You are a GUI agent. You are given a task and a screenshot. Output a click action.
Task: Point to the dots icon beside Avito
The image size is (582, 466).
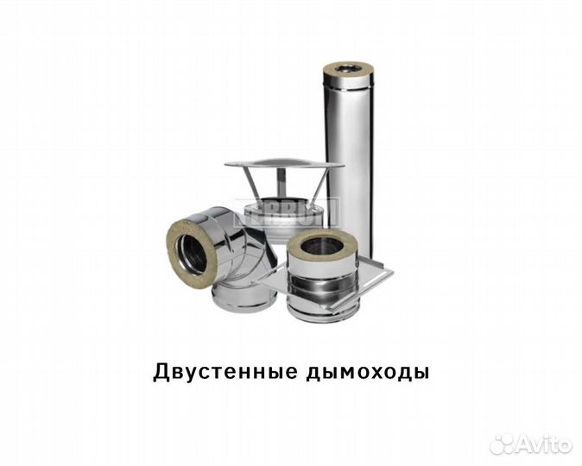pos(502,444)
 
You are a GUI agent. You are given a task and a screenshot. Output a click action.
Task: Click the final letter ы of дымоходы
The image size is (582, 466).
pos(421,373)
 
